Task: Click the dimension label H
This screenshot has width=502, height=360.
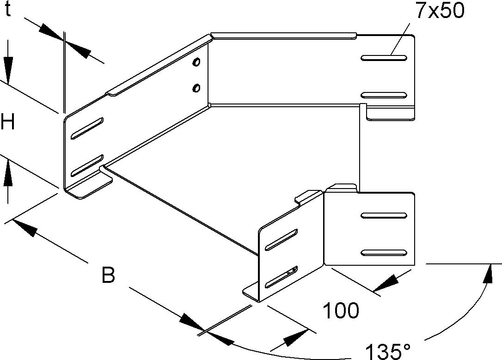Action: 7,123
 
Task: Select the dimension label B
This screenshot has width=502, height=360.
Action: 108,276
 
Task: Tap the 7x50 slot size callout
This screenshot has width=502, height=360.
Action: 439,11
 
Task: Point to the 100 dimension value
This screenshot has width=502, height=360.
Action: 341,311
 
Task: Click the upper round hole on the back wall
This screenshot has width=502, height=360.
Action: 197,62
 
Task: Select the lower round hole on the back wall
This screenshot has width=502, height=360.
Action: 197,86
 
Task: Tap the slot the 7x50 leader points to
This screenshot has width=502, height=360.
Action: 384,58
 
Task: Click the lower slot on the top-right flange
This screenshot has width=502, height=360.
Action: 384,95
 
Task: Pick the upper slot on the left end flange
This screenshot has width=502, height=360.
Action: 87,128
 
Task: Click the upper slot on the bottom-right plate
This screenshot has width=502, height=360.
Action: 384,215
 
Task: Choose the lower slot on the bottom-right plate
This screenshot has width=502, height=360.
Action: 384,252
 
